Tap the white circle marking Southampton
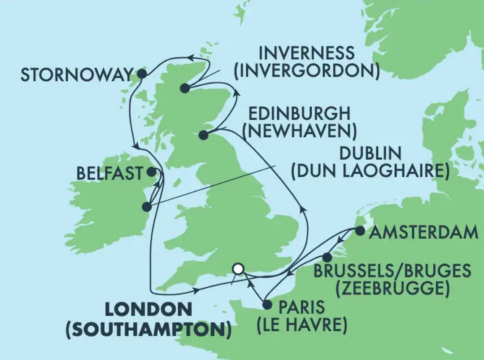pyautogui.click(x=238, y=268)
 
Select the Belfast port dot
pyautogui.click(x=152, y=171)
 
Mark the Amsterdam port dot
pyautogui.click(x=360, y=231)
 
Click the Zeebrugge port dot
pyautogui.click(x=327, y=257)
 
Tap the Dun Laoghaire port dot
pyautogui.click(x=146, y=207)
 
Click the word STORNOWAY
pyautogui.click(x=77, y=75)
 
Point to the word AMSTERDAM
pyautogui.click(x=425, y=233)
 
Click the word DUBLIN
pyautogui.click(x=370, y=154)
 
